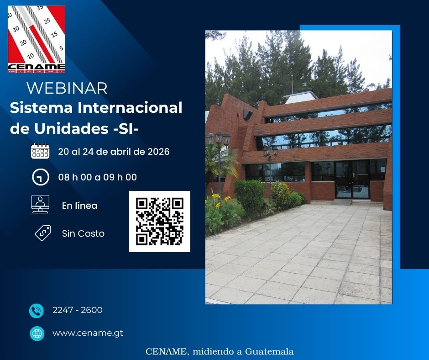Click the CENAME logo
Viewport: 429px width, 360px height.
[x=37, y=39]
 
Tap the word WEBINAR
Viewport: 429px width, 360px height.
[x=67, y=88]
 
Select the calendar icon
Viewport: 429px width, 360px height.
[x=40, y=151]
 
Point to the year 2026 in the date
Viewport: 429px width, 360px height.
[x=158, y=152]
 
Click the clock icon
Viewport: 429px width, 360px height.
[x=40, y=177]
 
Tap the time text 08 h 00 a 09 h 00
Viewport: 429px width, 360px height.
[x=97, y=177]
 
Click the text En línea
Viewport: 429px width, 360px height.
[x=79, y=206]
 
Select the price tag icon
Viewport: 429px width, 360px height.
[x=42, y=233]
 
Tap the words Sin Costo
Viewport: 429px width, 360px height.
[x=83, y=233]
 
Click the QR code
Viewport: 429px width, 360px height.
[x=160, y=222]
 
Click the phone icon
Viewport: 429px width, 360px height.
[x=37, y=311]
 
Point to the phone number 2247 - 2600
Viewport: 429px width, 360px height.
[x=78, y=310]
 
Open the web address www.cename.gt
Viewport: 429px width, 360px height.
[x=88, y=333]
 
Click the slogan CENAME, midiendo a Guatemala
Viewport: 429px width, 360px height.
[x=220, y=352]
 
